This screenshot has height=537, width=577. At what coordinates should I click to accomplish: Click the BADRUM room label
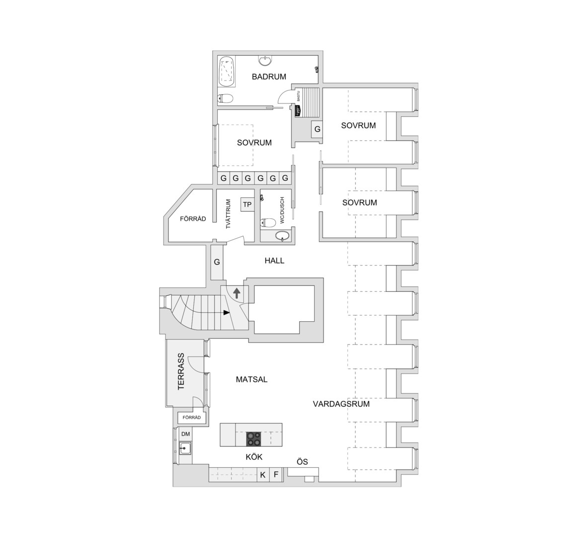pos(269,77)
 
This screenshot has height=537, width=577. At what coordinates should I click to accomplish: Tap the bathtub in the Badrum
pos(227,72)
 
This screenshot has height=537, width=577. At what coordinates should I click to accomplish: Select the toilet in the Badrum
pos(225,98)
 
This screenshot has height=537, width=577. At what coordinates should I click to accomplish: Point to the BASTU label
pos(298,96)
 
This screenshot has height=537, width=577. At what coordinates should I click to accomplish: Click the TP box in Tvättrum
pos(247,204)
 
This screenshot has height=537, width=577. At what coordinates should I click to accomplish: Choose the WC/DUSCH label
pos(282,210)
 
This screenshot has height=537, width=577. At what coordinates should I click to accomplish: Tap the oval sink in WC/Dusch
pos(282,236)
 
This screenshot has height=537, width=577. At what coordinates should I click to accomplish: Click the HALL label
pos(274,261)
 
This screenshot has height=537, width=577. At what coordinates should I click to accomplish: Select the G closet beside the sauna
pos(317,129)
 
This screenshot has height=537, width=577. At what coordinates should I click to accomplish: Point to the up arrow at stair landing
pos(237,293)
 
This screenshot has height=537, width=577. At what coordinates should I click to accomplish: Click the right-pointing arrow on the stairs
pos(227,312)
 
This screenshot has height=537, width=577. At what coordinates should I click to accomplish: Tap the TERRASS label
pos(181,371)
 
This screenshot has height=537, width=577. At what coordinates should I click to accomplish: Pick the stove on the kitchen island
pos(254,439)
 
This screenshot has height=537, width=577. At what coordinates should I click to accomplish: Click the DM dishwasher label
pos(186,434)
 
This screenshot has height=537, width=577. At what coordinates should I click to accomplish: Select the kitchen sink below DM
pos(185,448)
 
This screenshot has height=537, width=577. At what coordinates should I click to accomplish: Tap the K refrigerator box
pos(263,475)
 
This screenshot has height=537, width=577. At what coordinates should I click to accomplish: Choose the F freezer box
pos(276,475)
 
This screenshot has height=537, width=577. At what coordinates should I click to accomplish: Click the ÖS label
pos(302,461)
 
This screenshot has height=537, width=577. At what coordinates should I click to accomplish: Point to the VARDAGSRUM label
pos(341,404)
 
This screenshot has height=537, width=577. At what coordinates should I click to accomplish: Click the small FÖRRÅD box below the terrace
pos(192,417)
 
